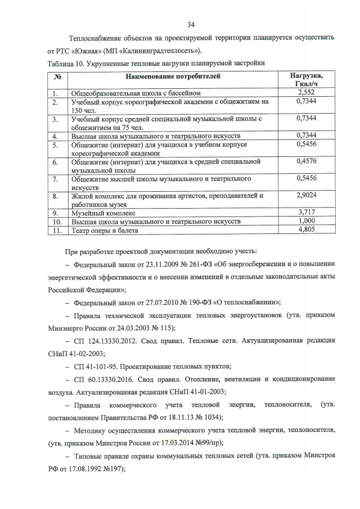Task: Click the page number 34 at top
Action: pyautogui.click(x=191, y=24)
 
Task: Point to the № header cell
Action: pyautogui.click(x=57, y=76)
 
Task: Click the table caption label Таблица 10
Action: pyautogui.click(x=65, y=62)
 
